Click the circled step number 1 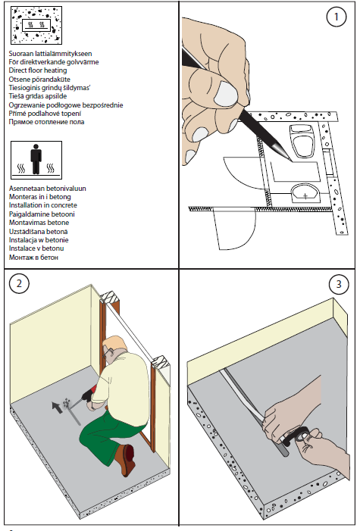[x=336, y=17]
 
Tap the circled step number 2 [x=19, y=283]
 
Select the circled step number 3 [x=339, y=284]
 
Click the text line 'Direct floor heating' [x=38, y=70]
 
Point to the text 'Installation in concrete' [x=42, y=205]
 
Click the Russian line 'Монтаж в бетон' [x=33, y=258]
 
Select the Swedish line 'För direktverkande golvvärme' [x=54, y=62]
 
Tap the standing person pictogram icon [x=36, y=159]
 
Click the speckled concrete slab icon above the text [x=36, y=25]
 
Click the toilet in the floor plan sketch [x=302, y=141]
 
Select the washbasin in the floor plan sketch [x=305, y=194]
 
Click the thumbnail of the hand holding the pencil [x=225, y=93]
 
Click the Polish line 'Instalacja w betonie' [x=39, y=240]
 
